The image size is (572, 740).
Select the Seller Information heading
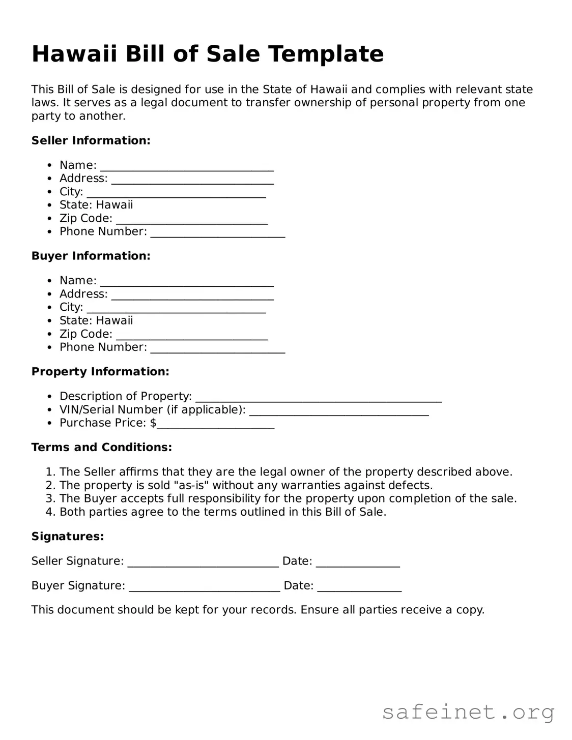pyautogui.click(x=91, y=140)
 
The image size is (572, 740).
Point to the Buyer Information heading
pyautogui.click(x=91, y=256)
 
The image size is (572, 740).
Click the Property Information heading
pyautogui.click(x=100, y=372)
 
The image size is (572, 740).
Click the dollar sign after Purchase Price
pyautogui.click(x=153, y=423)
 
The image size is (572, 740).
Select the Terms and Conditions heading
pyautogui.click(x=102, y=448)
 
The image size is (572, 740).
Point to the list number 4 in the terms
pyautogui.click(x=49, y=512)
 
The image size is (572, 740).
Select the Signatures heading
pyautogui.click(x=68, y=537)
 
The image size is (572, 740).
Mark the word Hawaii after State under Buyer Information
pyautogui.click(x=115, y=320)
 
